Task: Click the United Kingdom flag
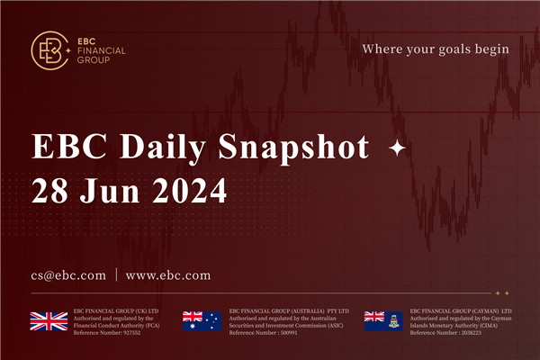pyautogui.click(x=49, y=320)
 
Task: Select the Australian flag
pyautogui.click(x=201, y=320)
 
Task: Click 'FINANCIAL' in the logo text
pyautogui.click(x=103, y=51)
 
